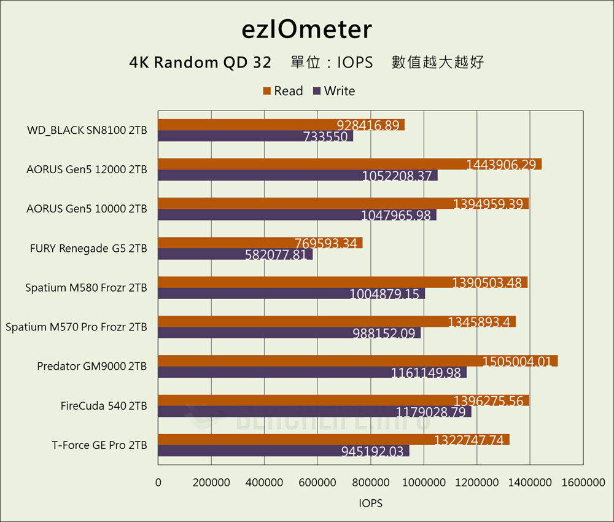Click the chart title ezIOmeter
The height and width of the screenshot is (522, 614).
[x=306, y=29]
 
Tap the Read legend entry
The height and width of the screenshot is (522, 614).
[x=283, y=91]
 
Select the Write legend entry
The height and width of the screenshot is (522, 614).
[x=334, y=91]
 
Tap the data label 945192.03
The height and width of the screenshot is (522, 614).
[x=372, y=451]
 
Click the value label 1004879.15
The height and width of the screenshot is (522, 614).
[x=384, y=294]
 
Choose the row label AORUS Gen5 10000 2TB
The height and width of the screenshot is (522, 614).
[x=87, y=209]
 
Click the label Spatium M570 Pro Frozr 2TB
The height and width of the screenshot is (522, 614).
[x=76, y=327]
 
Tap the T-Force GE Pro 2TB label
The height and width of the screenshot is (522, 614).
[x=99, y=445]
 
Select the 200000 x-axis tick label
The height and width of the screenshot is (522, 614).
[x=211, y=483]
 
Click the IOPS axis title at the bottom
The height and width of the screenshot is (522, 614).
[x=370, y=503]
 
